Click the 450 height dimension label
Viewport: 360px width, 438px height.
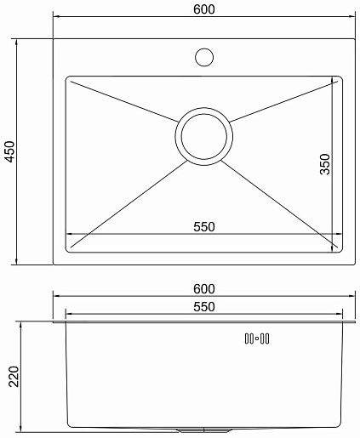[x=10, y=151]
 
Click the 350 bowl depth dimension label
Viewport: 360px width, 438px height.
[x=325, y=164]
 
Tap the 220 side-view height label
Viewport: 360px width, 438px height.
[x=14, y=377]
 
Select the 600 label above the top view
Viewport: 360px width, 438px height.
[x=204, y=9]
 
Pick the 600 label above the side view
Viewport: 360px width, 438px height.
[x=204, y=289]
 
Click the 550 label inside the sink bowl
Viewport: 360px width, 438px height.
[x=204, y=227]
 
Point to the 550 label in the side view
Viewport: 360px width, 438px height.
[x=204, y=307]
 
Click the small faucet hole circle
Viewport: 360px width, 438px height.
[x=204, y=57]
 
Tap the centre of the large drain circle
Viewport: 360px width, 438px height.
[x=204, y=136]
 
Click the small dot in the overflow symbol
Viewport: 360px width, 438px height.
[x=257, y=338]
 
